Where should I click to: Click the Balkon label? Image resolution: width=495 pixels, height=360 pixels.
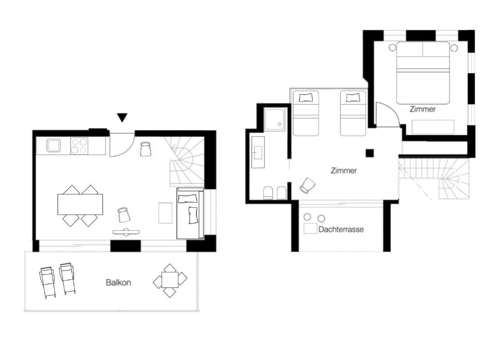tap(118, 282)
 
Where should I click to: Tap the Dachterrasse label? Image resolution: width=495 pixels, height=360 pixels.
tap(341, 229)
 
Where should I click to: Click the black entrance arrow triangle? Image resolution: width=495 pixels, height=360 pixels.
tap(122, 118)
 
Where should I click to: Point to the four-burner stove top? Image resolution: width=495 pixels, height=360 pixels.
tap(79, 146)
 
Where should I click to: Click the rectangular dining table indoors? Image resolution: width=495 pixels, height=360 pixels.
tap(80, 204)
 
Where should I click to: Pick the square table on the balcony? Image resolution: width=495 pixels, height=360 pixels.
tap(170, 280)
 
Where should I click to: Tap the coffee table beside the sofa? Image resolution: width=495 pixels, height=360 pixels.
tap(165, 213)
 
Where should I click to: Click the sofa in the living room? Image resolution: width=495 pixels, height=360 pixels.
tap(189, 213)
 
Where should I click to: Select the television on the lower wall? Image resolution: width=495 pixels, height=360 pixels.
tap(126, 232)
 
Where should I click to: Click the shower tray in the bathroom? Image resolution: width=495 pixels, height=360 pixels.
tap(275, 120)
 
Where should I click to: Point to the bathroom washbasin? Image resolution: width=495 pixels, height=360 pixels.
tap(258, 152)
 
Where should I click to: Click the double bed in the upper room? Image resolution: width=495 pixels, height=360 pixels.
tap(423, 73)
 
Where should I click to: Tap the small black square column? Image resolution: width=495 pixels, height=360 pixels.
tap(370, 153)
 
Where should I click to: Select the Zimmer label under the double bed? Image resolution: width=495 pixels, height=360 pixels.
tap(422, 109)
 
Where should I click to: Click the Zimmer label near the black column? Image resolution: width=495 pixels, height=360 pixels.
tap(344, 171)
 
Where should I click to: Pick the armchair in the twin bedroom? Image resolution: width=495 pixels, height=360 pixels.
tap(307, 185)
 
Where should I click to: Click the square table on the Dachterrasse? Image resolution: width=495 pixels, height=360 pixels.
tap(310, 228)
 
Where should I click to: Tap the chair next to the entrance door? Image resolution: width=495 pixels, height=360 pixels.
tap(146, 149)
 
